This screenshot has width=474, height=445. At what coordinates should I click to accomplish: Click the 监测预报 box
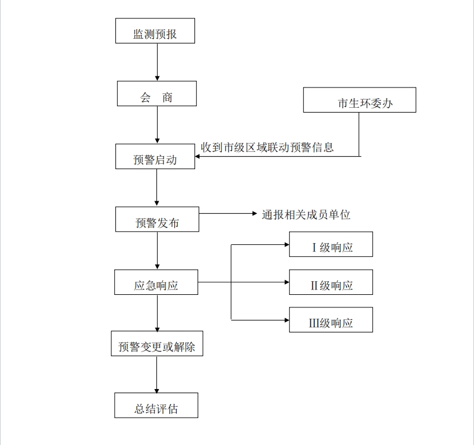[155, 30]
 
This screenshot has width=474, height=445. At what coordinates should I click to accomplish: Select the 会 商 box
[157, 94]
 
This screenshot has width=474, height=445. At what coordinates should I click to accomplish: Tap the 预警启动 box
[155, 157]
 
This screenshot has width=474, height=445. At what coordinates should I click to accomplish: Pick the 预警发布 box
[157, 219]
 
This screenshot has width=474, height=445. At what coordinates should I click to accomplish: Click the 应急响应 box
[156, 282]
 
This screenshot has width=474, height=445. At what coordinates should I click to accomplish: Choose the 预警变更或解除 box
[157, 344]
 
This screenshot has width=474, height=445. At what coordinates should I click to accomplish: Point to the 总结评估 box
[156, 405]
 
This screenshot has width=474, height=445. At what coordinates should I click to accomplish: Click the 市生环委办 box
[360, 100]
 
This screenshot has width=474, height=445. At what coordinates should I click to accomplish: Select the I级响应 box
[331, 244]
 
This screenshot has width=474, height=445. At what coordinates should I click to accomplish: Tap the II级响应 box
[331, 282]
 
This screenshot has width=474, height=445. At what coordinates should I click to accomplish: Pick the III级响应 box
[331, 320]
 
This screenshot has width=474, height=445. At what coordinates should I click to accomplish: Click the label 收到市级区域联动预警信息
[267, 147]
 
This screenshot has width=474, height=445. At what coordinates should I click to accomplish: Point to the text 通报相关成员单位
[306, 215]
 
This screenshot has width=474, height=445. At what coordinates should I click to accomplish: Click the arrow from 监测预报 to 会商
[157, 62]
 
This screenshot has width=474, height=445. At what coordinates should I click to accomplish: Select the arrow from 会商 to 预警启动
[157, 125]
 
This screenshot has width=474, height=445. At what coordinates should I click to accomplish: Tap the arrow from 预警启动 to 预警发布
[156, 188]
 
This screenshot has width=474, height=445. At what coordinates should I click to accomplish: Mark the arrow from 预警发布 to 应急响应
[157, 251]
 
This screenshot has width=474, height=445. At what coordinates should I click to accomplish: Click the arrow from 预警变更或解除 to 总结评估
[156, 375]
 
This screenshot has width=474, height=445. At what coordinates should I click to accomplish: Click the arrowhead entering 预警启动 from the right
[197, 157]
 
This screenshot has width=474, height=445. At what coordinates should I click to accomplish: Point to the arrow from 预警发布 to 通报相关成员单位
[228, 214]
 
